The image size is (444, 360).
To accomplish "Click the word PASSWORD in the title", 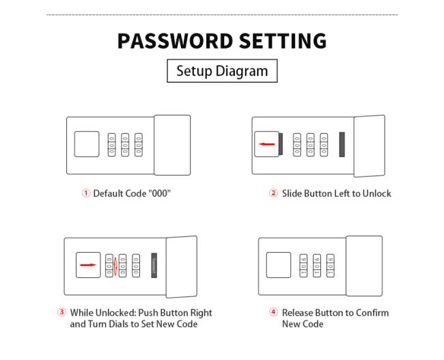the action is click(175, 41).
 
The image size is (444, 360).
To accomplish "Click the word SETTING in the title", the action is click(283, 41).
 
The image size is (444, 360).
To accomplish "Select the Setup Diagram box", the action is click(222, 71).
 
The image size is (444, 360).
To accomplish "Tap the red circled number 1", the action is click(86, 193).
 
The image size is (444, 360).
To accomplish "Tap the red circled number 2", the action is click(273, 193).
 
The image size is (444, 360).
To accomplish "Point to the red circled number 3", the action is click(61, 312).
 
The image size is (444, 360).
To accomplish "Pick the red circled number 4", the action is click(273, 312).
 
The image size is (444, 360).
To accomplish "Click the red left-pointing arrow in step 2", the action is click(266, 144).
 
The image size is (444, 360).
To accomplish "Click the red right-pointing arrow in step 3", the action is click(88, 265).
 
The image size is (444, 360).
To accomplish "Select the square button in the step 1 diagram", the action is click(87, 144).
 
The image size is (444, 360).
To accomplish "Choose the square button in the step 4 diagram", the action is click(279, 265).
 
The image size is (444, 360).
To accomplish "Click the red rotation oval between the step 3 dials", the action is click(115, 266).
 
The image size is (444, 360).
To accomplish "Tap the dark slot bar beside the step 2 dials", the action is click(342, 144).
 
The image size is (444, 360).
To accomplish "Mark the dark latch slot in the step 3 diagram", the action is click(154, 266).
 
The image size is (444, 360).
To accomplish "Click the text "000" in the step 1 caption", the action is click(160, 193).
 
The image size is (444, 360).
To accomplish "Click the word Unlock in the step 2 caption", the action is click(376, 193).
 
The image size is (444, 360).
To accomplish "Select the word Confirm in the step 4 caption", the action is click(372, 313).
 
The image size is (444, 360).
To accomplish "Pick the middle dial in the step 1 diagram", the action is click(125, 145).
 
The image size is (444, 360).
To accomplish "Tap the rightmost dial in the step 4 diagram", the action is click(331, 266).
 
